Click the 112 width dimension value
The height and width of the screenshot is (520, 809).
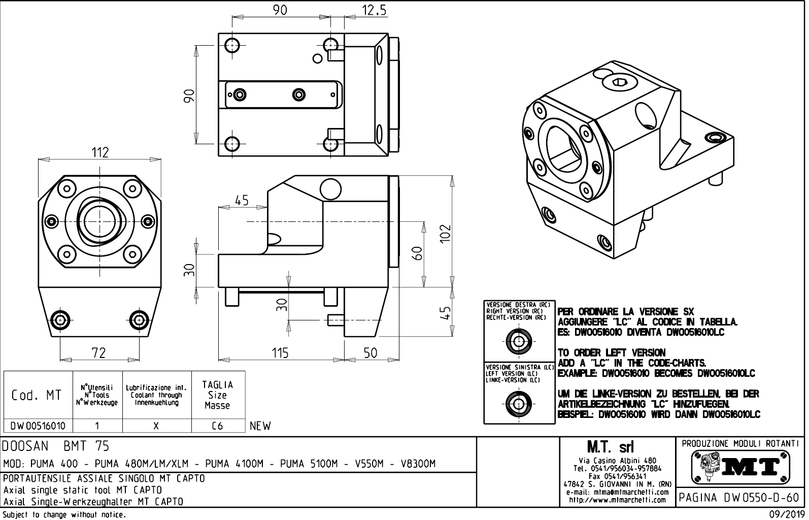[100, 152]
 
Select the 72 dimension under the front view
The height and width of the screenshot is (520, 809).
[98, 352]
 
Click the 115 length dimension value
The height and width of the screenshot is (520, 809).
[280, 352]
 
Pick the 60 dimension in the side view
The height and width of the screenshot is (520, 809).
[417, 253]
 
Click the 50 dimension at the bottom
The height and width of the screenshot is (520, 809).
[371, 352]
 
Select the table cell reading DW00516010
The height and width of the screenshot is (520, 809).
[38, 426]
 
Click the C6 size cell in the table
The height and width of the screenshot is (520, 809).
[218, 426]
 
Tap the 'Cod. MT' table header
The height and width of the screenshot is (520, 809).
[37, 395]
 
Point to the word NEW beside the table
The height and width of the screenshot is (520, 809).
[260, 426]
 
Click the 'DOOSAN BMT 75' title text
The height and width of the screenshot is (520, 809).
[56, 446]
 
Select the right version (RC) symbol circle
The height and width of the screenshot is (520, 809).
[519, 341]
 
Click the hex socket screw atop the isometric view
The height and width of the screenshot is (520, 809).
[619, 82]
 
